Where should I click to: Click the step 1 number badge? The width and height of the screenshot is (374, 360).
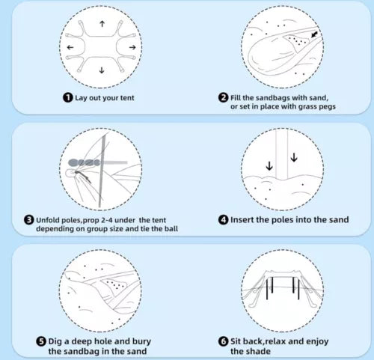(x=68, y=97)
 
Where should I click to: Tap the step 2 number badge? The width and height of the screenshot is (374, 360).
(x=223, y=97)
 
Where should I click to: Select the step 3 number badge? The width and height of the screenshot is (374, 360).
(x=29, y=220)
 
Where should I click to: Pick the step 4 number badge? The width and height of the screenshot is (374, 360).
(x=223, y=220)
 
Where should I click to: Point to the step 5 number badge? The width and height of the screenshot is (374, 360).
(x=41, y=341)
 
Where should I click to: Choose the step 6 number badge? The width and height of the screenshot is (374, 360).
(x=223, y=341)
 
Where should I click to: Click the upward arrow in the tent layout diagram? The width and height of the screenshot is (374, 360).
(x=102, y=24)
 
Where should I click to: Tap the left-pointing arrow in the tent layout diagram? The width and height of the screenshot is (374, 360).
(x=70, y=47)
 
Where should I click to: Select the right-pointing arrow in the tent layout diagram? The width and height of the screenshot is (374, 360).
(x=132, y=47)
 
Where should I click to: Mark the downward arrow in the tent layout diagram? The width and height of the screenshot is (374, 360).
(x=102, y=70)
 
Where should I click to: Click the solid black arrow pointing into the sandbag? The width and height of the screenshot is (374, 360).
(x=314, y=34)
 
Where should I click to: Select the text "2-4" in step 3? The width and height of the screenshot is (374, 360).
(x=107, y=220)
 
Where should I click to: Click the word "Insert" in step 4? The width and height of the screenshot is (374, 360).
(x=242, y=220)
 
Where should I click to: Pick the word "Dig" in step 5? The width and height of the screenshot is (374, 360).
(x=55, y=341)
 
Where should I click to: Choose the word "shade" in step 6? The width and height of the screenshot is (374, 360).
(x=260, y=351)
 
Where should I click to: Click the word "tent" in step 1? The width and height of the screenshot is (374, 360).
(x=127, y=98)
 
